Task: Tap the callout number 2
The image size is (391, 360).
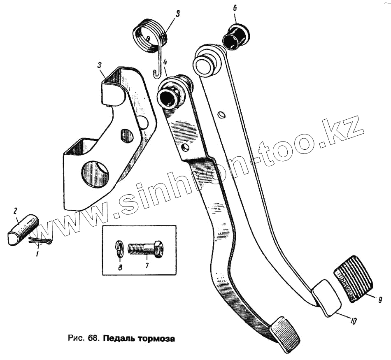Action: click(16, 211)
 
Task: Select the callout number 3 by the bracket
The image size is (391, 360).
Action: click(99, 65)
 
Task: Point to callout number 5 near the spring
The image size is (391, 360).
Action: click(177, 14)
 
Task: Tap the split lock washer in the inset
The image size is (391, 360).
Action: click(118, 249)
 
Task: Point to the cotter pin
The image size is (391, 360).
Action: click(40, 242)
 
